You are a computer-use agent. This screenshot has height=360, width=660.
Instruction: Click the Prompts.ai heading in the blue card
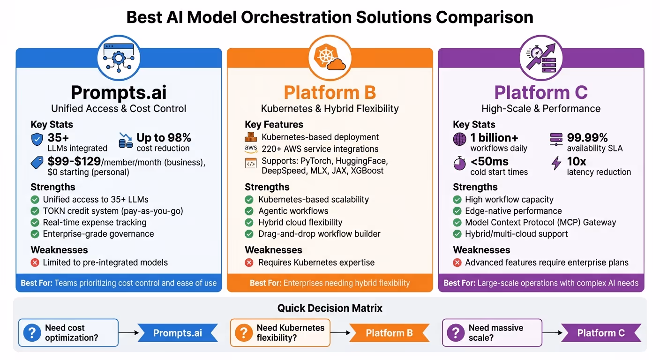(x=119, y=92)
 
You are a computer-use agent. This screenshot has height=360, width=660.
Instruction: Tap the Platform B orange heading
(x=330, y=92)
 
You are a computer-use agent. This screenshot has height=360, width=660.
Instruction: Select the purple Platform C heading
(x=541, y=92)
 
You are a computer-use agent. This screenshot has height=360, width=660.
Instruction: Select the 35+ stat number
(x=59, y=138)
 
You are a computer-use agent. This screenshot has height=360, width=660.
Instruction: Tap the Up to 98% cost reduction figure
(x=164, y=138)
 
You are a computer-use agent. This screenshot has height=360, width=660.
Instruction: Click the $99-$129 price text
(x=75, y=162)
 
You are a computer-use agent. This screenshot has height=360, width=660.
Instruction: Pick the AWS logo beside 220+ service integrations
(x=251, y=149)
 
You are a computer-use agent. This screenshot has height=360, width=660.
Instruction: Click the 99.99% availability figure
(x=587, y=138)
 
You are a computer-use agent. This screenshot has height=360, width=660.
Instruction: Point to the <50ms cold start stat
(x=489, y=162)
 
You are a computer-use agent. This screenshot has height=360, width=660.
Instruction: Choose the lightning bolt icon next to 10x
(x=556, y=163)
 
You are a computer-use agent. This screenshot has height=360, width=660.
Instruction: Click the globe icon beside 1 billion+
(x=460, y=139)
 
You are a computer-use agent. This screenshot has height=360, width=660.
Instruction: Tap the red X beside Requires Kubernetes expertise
(x=249, y=262)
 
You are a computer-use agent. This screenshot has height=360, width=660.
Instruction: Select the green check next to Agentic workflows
(x=249, y=211)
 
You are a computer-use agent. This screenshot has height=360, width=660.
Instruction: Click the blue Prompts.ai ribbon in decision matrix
(x=178, y=333)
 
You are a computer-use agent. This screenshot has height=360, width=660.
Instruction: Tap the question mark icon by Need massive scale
(x=455, y=333)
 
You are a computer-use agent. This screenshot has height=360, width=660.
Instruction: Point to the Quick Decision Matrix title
(x=330, y=308)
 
